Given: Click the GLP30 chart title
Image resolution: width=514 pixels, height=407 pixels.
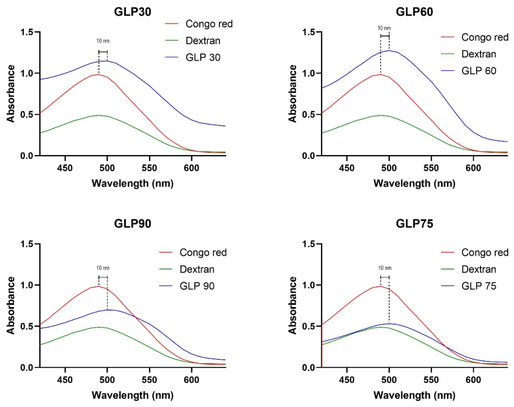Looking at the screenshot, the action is click(132, 12).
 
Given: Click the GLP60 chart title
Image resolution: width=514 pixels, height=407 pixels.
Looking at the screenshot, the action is click(415, 12).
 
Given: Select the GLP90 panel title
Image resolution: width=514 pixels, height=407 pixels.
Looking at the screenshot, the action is click(132, 223).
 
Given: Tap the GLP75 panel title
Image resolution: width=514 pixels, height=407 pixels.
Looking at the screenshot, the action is click(415, 223).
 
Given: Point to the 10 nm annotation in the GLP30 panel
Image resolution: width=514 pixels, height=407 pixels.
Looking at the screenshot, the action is click(103, 41).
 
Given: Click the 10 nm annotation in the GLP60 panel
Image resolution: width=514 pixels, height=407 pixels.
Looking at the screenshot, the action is click(384, 28).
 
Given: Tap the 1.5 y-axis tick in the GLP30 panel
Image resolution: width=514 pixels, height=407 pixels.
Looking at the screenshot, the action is click(26, 32).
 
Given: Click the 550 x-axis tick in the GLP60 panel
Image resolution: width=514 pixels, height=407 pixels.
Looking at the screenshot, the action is click(431, 168).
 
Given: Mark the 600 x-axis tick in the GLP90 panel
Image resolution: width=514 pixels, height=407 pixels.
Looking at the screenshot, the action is click(191, 380).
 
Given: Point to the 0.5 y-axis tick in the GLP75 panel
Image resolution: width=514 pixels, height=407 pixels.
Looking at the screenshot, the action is click(309, 326).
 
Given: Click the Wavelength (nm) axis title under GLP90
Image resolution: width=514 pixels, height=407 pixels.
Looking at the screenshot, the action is click(132, 395).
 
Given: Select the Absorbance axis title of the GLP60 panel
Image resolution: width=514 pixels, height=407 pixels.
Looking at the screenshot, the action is click(292, 94).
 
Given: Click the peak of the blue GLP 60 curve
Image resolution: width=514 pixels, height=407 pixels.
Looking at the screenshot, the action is click(389, 50).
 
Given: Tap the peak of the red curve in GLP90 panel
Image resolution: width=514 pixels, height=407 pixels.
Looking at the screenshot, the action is click(98, 286).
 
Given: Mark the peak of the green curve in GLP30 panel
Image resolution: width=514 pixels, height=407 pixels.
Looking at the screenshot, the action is click(99, 115).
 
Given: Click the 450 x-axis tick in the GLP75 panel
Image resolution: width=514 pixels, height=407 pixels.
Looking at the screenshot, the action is click(347, 380).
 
